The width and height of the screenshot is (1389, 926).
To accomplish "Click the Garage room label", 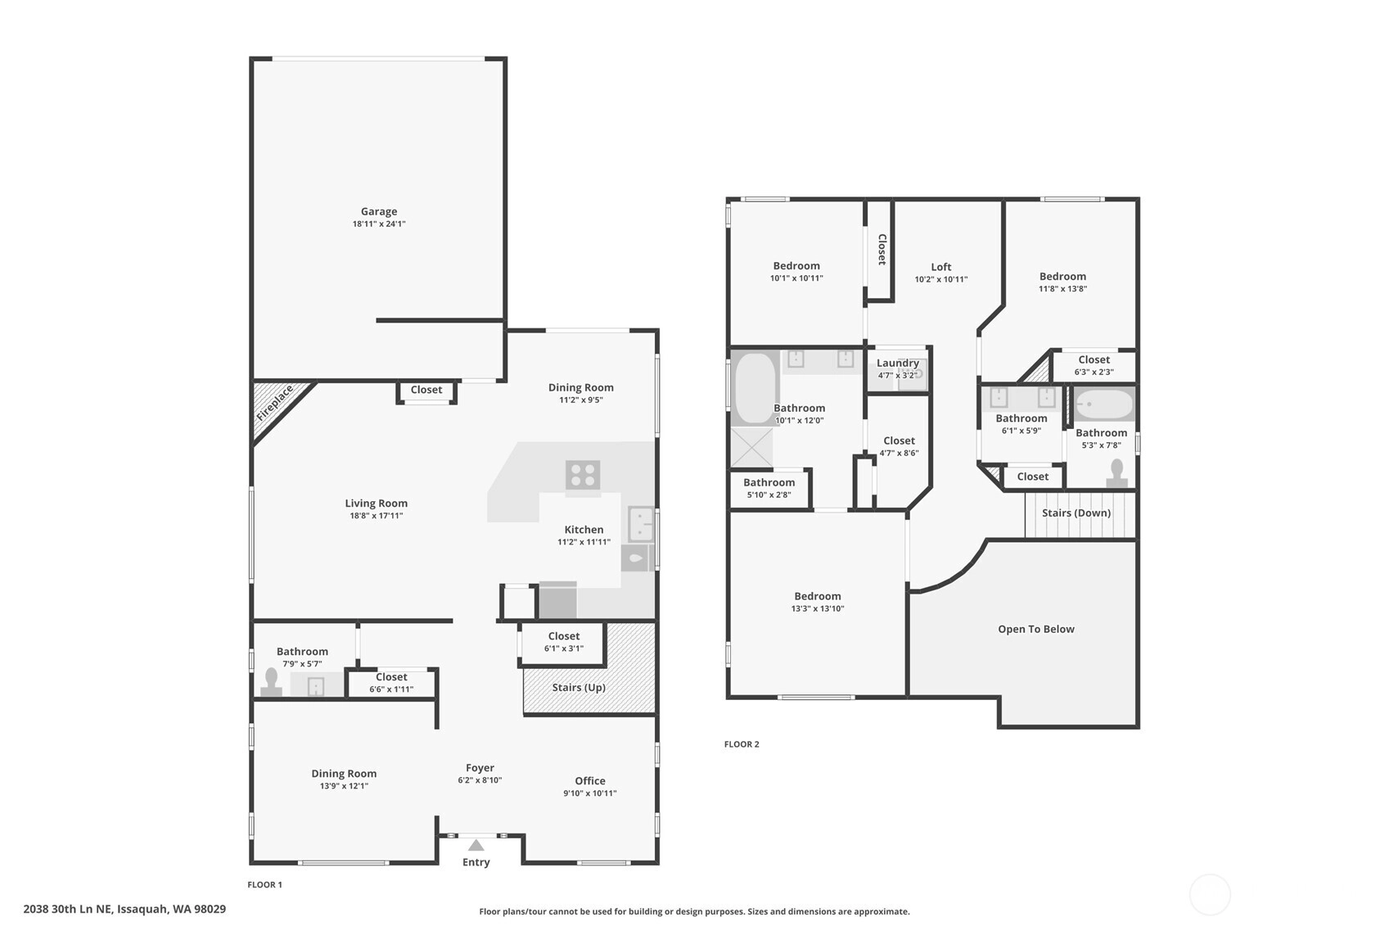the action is pyautogui.click(x=379, y=211).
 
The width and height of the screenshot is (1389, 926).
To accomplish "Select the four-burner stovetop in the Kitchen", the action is pyautogui.click(x=582, y=475).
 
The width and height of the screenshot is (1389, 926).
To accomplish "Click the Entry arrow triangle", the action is pyautogui.click(x=476, y=845).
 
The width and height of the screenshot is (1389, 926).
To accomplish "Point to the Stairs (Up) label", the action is pyautogui.click(x=579, y=687).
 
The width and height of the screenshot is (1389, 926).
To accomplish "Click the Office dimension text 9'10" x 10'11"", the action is pyautogui.click(x=589, y=793).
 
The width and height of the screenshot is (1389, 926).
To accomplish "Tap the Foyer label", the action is pyautogui.click(x=480, y=768).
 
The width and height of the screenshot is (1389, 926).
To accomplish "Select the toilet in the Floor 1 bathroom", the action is pyautogui.click(x=271, y=682).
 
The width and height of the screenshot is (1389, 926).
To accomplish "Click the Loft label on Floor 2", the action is pyautogui.click(x=940, y=267).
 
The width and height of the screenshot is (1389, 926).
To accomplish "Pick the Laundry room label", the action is pyautogui.click(x=897, y=363).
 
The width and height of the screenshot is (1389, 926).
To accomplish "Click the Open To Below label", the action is pyautogui.click(x=1035, y=629).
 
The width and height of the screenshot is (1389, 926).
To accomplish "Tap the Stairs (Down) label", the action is pyautogui.click(x=1076, y=513).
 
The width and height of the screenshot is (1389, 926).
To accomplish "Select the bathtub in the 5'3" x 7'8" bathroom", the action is pyautogui.click(x=1104, y=404).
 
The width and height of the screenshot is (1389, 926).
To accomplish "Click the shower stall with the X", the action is pyautogui.click(x=751, y=447).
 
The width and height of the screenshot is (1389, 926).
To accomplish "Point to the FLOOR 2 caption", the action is pyautogui.click(x=742, y=744).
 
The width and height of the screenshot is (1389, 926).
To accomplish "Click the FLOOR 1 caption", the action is pyautogui.click(x=264, y=884).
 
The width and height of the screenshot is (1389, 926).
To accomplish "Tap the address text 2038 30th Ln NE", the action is pyautogui.click(x=68, y=909).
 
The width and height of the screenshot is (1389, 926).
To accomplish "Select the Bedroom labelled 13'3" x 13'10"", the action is pyautogui.click(x=818, y=596).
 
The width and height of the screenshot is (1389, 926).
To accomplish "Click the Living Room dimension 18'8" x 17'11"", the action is pyautogui.click(x=376, y=516).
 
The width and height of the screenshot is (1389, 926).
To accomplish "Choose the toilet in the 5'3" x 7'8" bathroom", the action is pyautogui.click(x=1116, y=472).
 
